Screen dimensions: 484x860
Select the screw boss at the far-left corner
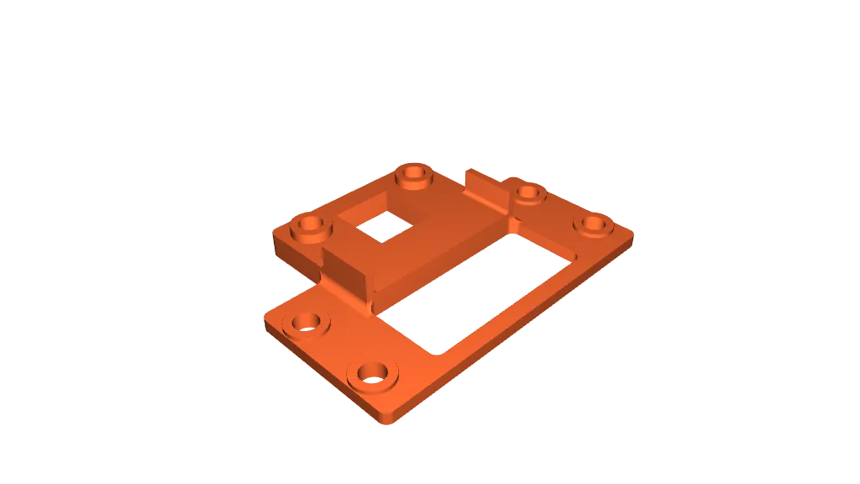click(309, 225)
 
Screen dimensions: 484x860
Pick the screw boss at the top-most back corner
click(413, 174)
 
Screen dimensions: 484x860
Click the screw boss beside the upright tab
click(528, 194)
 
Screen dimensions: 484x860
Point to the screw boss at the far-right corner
click(594, 224)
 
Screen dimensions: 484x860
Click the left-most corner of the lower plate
click(267, 323)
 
